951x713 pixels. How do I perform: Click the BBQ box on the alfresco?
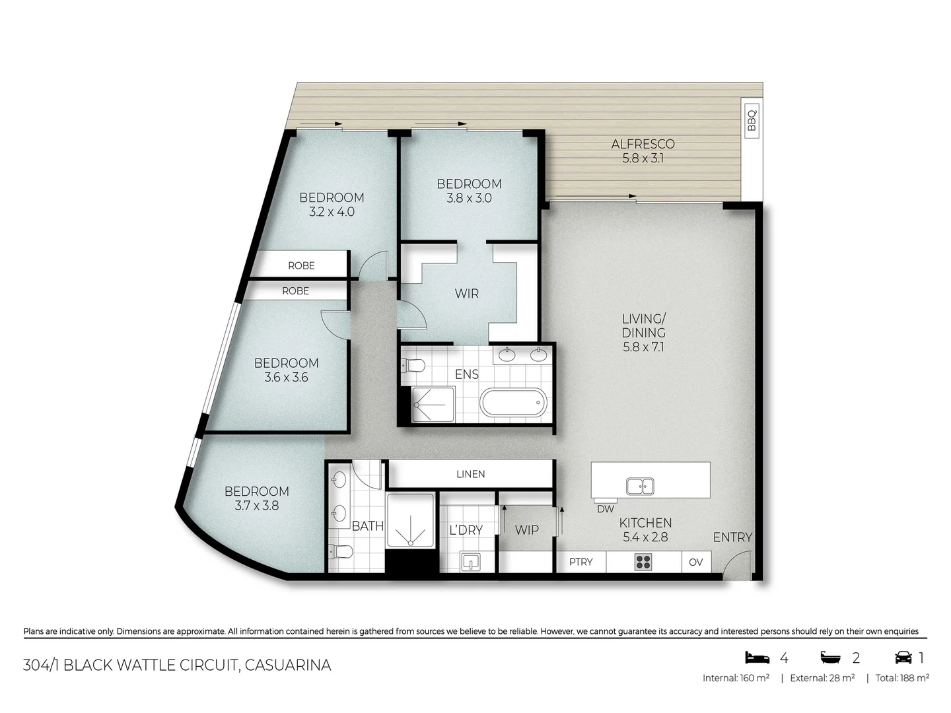click(x=751, y=120)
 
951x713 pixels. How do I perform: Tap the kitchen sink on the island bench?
click(x=640, y=487)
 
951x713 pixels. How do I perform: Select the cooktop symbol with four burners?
click(x=643, y=562)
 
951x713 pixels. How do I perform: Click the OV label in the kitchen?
click(x=695, y=562)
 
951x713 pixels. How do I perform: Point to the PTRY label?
click(x=581, y=562)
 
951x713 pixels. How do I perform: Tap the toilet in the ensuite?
click(x=414, y=365)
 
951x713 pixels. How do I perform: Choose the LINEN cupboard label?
click(x=470, y=474)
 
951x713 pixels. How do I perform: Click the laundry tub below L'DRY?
click(x=470, y=562)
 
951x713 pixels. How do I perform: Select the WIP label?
click(x=526, y=529)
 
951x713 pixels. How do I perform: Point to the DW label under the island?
click(x=605, y=509)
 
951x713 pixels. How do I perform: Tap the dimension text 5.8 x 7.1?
click(x=643, y=347)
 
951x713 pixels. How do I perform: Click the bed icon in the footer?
click(x=757, y=658)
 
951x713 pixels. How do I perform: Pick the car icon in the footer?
click(x=903, y=658)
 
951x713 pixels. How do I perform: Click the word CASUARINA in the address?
click(x=287, y=665)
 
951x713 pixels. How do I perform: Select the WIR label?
click(x=466, y=294)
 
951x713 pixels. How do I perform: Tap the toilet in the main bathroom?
click(x=339, y=551)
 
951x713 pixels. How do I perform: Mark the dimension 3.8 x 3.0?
click(x=469, y=198)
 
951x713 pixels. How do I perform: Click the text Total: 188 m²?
click(x=902, y=678)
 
